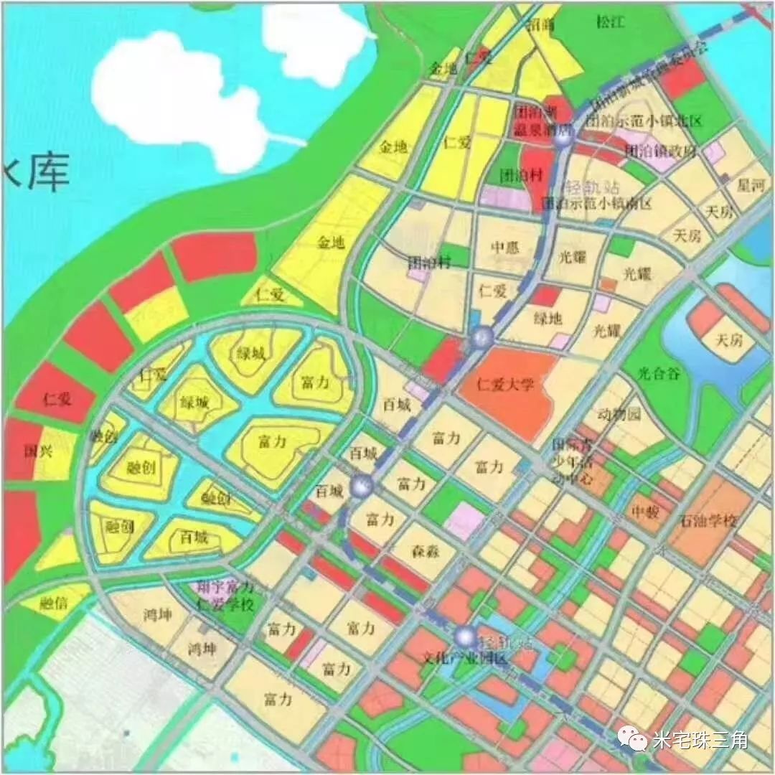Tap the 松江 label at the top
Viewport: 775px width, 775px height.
tap(611, 22)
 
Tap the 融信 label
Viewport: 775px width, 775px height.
tap(55, 603)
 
